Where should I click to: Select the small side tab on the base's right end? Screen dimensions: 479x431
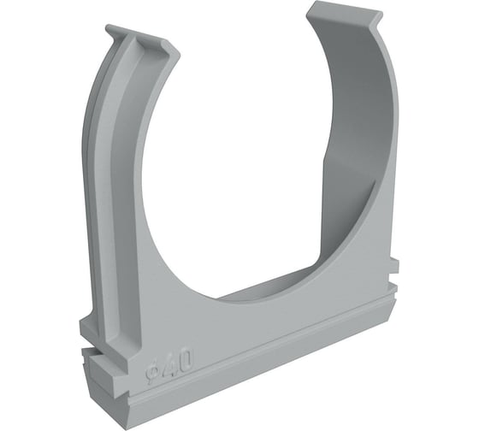coord(394,266)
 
